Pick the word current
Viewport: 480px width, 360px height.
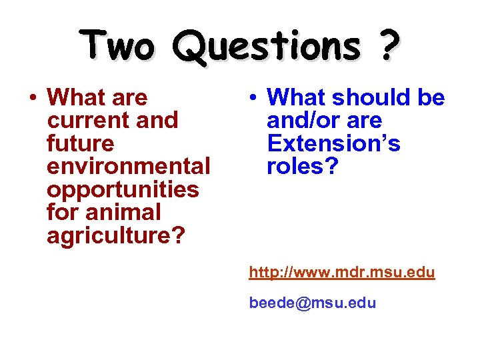point(87,121)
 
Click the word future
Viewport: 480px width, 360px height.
point(81,143)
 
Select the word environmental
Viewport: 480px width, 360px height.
point(129,166)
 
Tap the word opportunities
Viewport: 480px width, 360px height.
point(123,189)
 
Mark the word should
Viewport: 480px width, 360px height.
point(369,98)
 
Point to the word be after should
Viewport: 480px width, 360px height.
point(431,98)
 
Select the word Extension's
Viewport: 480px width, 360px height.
point(333,143)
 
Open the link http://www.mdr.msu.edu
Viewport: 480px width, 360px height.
point(342,273)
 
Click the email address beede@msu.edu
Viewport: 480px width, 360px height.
point(313,303)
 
